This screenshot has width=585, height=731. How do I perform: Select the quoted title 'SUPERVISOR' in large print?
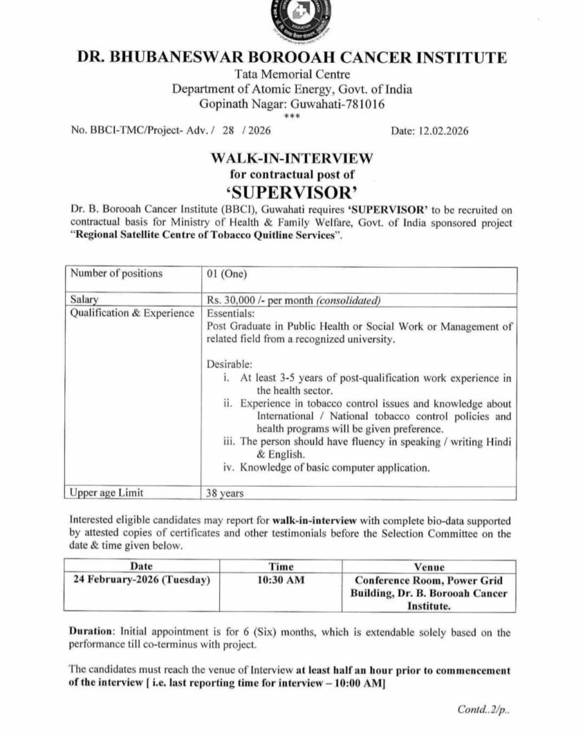click(291, 191)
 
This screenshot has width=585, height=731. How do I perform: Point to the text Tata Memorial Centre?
click(291, 74)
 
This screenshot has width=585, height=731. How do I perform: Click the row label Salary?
click(85, 300)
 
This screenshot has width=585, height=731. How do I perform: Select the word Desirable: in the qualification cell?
click(229, 363)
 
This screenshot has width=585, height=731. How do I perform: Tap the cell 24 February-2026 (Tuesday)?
click(141, 580)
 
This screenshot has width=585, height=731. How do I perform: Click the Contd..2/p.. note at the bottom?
click(485, 710)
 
